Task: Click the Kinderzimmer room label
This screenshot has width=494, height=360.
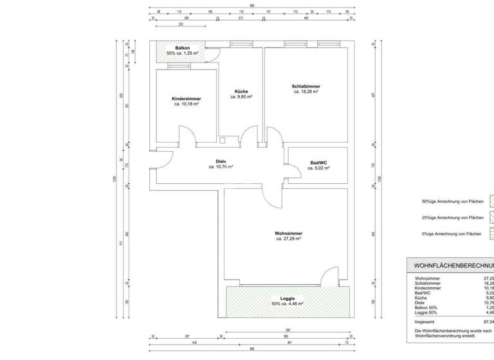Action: coord(186,98)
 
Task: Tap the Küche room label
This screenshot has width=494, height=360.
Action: coord(241,91)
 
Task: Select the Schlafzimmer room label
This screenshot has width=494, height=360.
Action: coord(306,86)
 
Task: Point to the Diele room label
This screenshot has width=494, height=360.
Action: coord(221,161)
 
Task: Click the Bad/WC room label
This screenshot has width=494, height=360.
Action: coord(318,163)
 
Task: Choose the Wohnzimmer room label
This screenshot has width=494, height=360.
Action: coord(289,233)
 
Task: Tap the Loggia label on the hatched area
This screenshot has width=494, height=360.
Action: coord(287,298)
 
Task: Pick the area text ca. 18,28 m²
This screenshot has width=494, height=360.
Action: coord(306,92)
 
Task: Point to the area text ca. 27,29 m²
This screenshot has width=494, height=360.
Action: coord(289,239)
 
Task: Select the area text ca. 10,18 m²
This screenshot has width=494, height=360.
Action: coord(186,104)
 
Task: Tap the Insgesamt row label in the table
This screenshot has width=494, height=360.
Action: coord(425,321)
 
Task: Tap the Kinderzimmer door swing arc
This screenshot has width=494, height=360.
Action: coord(186,134)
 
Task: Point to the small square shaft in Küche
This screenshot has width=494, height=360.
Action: coord(223,139)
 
